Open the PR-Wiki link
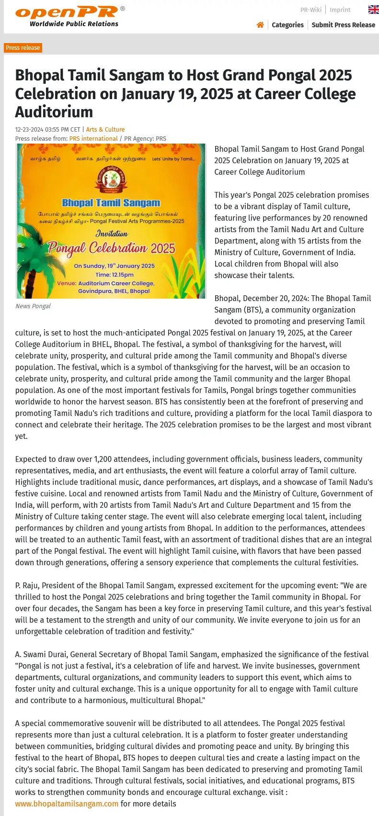310,10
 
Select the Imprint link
340,10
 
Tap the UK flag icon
373,10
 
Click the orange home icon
260,25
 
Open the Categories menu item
287,25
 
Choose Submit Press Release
343,25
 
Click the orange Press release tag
23,48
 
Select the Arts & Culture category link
105,130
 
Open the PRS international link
93,139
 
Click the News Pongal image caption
33,306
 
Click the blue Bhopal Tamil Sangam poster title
111,203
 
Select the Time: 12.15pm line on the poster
115,275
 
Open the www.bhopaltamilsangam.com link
67,804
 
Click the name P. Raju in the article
27,586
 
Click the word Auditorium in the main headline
54,112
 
